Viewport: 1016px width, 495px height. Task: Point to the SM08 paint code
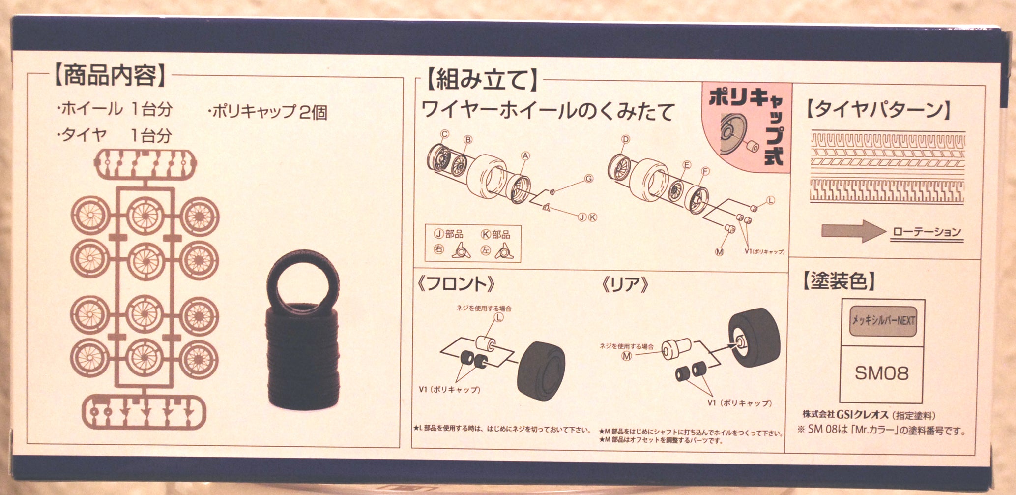click(882, 373)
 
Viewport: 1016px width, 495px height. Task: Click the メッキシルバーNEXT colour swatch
click(883, 321)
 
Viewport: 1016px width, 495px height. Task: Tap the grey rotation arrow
click(853, 231)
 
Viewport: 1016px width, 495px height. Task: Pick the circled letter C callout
click(445, 134)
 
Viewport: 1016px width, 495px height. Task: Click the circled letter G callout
click(589, 179)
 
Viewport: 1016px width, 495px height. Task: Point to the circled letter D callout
click(625, 139)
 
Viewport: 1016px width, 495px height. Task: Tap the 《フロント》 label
click(456, 284)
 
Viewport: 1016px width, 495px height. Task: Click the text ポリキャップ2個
click(268, 112)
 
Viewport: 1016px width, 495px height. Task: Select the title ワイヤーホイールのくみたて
click(548, 111)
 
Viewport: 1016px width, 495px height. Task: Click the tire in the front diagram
click(541, 369)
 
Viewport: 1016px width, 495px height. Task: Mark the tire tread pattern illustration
click(887, 167)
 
